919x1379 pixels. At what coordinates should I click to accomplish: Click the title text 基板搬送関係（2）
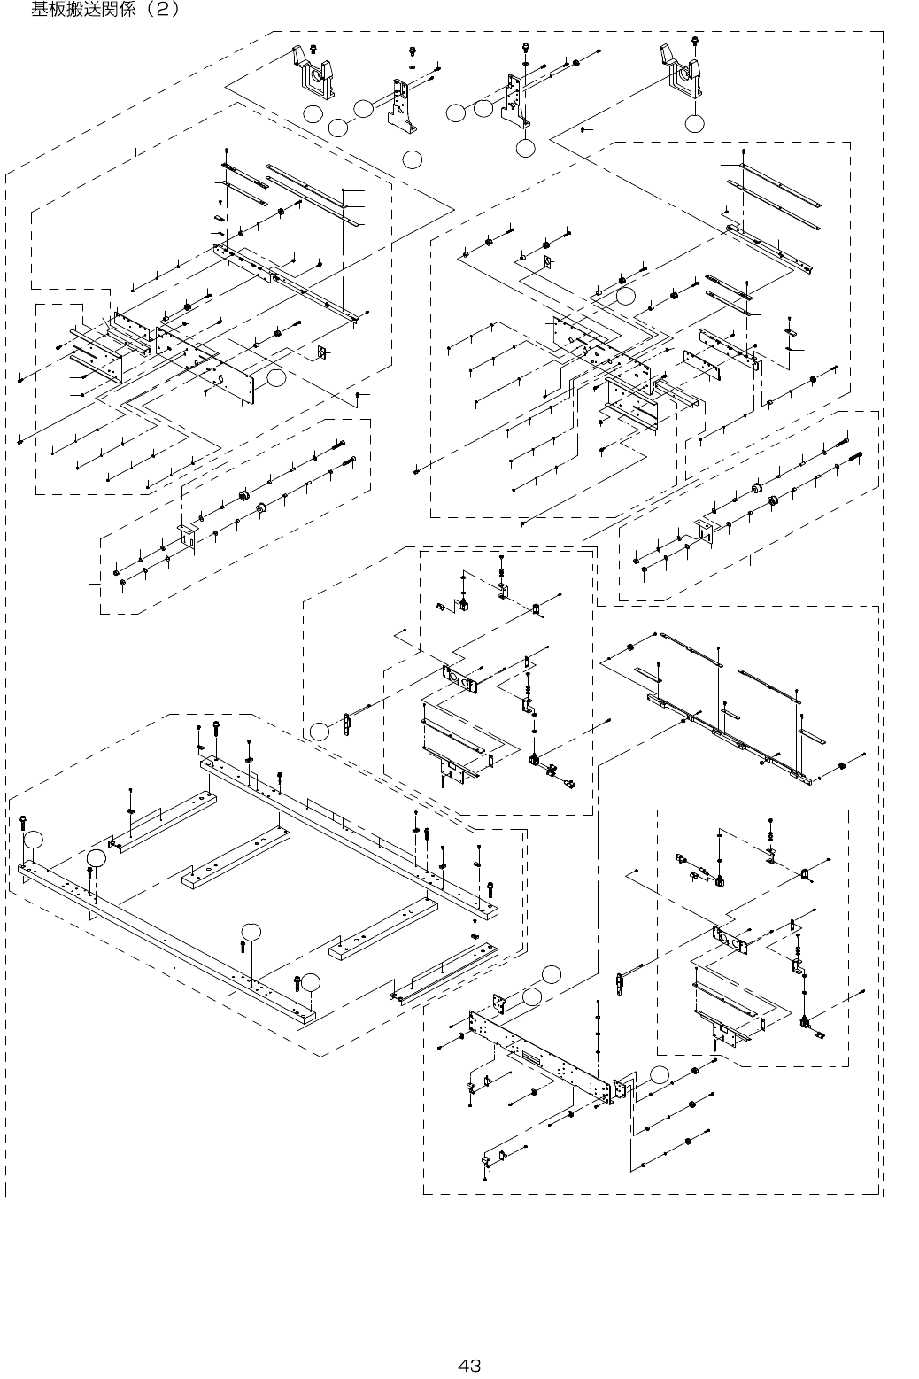105,11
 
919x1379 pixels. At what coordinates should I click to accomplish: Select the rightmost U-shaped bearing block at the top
681,74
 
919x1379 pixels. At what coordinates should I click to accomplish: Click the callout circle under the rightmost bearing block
695,123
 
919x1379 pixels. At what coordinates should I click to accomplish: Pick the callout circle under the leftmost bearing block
312,113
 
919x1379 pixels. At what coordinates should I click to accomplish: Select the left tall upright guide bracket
402,105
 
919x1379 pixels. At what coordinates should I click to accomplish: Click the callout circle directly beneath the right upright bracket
525,149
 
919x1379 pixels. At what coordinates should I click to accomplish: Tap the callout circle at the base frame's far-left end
33,839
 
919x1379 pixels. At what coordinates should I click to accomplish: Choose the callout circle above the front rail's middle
251,931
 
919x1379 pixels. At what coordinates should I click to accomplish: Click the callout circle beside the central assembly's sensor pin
319,731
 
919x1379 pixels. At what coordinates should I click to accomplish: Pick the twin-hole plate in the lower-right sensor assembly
731,939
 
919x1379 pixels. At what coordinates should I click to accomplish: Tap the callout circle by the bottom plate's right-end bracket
659,1075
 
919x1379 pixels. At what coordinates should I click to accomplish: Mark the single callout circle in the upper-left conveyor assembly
275,378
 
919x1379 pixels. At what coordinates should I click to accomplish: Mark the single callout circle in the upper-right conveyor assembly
625,297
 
